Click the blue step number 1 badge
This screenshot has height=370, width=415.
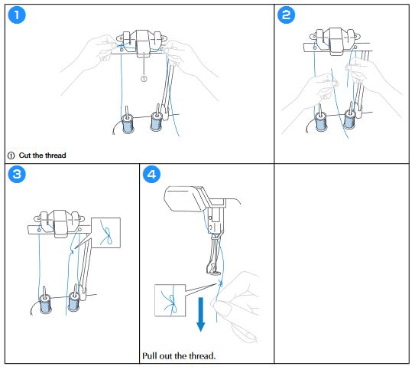click(x=17, y=15)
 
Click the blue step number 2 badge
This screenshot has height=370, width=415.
click(x=286, y=15)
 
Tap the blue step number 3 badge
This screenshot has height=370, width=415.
click(x=17, y=174)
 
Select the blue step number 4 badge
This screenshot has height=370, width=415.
click(x=151, y=174)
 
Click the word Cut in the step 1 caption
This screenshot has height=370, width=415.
click(x=25, y=156)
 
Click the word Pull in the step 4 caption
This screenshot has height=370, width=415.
click(x=150, y=356)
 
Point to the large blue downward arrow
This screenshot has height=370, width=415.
click(x=200, y=314)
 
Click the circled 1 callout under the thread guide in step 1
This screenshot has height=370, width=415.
click(x=144, y=79)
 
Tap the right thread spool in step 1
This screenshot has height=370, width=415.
click(x=157, y=121)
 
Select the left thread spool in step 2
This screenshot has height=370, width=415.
click(x=321, y=122)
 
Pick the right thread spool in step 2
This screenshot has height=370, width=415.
click(x=349, y=120)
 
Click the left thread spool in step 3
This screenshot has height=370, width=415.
click(x=46, y=303)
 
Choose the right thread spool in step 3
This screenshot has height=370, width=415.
click(x=74, y=302)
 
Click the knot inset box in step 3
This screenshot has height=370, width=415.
click(x=106, y=233)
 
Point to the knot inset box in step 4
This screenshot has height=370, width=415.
click(x=170, y=300)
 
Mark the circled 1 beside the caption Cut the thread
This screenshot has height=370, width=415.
click(x=11, y=156)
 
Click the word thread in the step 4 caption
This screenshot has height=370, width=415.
click(x=202, y=356)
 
